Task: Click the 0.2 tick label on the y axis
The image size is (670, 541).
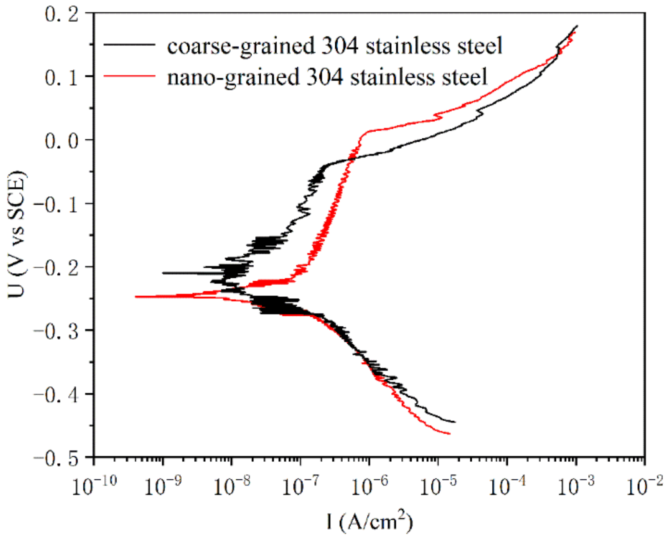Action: pos(61,15)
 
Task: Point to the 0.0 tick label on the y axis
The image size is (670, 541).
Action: pos(61,141)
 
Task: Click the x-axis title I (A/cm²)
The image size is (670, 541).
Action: pos(369,521)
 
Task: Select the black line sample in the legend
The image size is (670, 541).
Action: pos(129,45)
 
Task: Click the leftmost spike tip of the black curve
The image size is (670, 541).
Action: pos(163,273)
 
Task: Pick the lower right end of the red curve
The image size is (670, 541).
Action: pos(450,434)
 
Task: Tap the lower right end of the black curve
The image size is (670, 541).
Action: pos(455,422)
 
